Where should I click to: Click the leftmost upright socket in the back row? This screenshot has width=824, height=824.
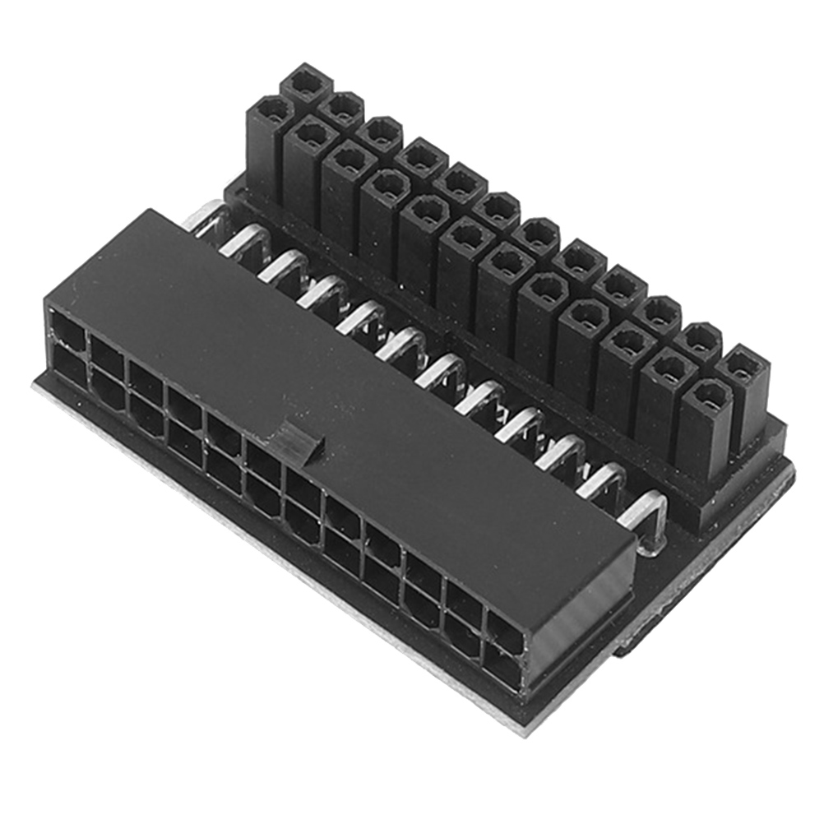[306, 83]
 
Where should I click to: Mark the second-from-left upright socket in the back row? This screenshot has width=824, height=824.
[344, 108]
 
